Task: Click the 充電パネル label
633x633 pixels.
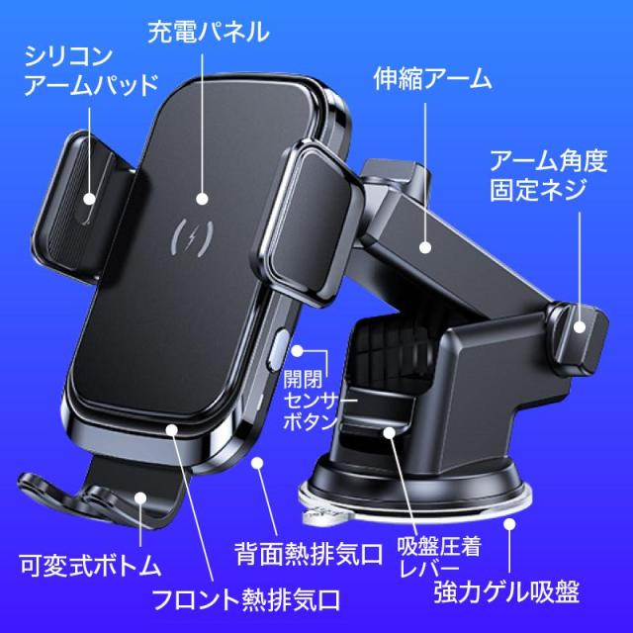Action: [x=209, y=33]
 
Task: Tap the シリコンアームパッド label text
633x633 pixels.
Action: [x=91, y=71]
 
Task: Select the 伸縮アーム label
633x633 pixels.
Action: [x=432, y=78]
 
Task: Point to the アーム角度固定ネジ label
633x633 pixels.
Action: [x=548, y=176]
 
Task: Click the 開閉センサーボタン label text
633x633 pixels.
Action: [x=315, y=401]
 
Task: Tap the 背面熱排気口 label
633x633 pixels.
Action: [x=309, y=554]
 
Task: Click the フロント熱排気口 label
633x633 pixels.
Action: [x=246, y=600]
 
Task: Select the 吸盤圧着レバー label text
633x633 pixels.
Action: [x=439, y=558]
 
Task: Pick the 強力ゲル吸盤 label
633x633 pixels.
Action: [x=506, y=591]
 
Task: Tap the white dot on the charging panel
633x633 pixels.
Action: [x=202, y=199]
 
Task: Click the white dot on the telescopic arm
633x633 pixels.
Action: [x=424, y=247]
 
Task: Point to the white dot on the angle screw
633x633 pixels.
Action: [x=580, y=327]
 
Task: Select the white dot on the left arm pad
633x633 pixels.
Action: [x=90, y=199]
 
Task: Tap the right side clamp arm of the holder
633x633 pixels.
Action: [x=308, y=222]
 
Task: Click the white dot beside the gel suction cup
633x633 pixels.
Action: [x=510, y=524]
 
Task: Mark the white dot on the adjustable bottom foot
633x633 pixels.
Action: [x=140, y=497]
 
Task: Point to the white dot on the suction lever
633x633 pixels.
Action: [x=389, y=433]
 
